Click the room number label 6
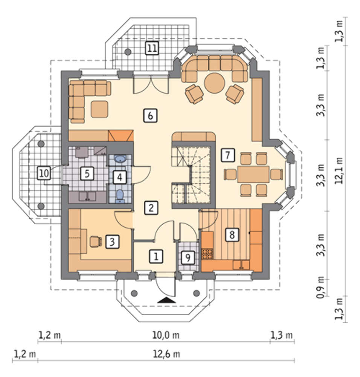(x=150, y=116)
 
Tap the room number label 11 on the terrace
(x=152, y=48)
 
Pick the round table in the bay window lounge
(x=215, y=83)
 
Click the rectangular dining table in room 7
(x=253, y=174)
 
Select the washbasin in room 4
(x=120, y=159)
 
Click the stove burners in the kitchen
(x=207, y=254)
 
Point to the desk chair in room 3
(x=96, y=241)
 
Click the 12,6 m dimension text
(x=166, y=354)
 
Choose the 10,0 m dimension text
(x=166, y=335)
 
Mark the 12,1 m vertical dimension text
(x=339, y=171)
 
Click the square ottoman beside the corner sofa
(x=99, y=109)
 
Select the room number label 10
(x=44, y=173)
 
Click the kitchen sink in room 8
(x=241, y=265)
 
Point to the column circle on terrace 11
(x=128, y=52)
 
